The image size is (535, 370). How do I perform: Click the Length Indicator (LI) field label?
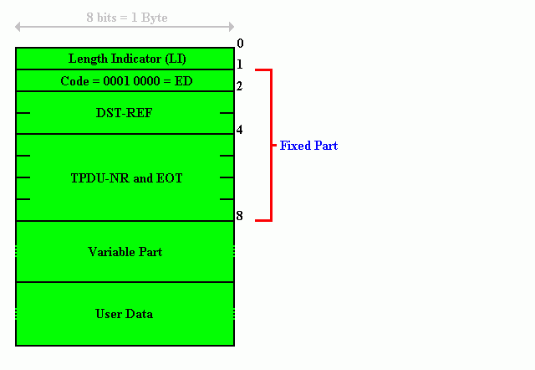coord(127,59)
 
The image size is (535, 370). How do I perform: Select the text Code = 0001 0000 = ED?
coord(126,81)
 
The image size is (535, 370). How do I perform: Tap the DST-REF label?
coord(125,113)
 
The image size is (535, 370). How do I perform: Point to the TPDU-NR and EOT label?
coord(126,178)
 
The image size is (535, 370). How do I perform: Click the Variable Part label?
coord(125,252)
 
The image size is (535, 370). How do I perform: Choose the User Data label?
coord(125,314)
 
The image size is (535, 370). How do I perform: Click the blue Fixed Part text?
coord(308,146)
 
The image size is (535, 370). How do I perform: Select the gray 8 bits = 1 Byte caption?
coord(127,18)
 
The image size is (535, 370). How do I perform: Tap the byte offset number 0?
coord(240,44)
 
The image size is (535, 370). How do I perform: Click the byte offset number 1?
coord(240,64)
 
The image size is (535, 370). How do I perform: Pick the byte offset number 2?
coord(240,85)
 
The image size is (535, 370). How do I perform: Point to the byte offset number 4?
coord(240,130)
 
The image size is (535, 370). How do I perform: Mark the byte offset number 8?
coord(240,216)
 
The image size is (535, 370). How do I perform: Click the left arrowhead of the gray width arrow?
coord(17,27)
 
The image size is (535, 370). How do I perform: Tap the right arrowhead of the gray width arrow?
coord(232,27)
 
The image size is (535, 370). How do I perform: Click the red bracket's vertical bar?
coord(271,146)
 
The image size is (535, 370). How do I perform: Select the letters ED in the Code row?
coord(184,81)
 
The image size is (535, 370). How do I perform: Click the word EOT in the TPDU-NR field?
coord(169,178)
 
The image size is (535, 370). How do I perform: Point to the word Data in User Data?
coord(140,314)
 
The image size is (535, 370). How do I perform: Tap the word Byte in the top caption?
coord(154,18)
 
